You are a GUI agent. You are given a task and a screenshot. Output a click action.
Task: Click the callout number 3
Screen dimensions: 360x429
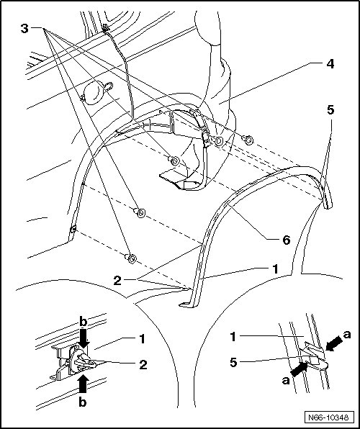[24, 29]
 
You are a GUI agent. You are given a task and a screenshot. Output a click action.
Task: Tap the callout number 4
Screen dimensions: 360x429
[330, 64]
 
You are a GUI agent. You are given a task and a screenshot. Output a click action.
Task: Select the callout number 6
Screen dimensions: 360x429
[286, 240]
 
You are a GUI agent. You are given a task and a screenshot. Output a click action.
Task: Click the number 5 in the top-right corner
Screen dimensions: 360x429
[330, 110]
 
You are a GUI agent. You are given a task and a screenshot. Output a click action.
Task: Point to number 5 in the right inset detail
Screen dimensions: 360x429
[233, 363]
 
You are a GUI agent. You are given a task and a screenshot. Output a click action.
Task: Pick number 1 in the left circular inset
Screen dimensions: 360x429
[142, 339]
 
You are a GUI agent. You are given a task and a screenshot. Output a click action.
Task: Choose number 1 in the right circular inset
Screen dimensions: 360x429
[233, 337]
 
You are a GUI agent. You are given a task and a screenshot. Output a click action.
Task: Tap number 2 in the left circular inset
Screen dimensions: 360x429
[143, 365]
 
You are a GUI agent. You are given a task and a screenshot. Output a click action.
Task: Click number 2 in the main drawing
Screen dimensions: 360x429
[117, 281]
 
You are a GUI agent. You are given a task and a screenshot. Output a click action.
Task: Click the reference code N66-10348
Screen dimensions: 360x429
[328, 417]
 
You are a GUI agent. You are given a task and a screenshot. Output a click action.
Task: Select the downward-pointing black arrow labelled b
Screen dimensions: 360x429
[84, 338]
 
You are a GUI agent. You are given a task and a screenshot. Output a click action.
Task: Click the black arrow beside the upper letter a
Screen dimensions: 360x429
[334, 343]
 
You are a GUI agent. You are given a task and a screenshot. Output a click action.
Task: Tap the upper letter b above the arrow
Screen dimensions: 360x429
[83, 322]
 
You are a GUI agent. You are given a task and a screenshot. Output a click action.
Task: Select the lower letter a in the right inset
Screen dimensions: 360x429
[286, 380]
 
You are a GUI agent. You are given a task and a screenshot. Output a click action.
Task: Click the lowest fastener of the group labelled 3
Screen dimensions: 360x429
[131, 258]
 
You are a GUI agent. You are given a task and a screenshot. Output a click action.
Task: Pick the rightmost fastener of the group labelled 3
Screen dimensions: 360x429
[248, 140]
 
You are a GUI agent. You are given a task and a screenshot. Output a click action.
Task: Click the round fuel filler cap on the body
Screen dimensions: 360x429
[94, 93]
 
